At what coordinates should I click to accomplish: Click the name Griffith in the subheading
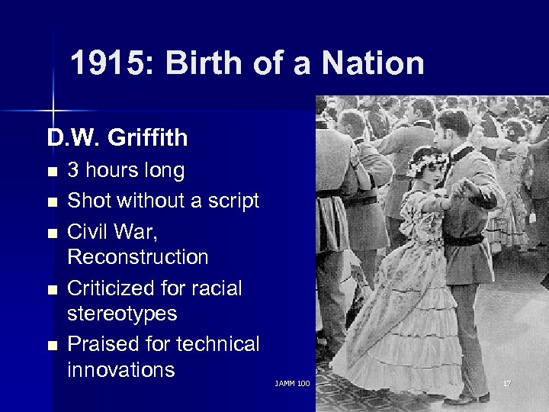(x=147, y=138)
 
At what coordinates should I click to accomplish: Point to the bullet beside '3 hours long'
(x=52, y=172)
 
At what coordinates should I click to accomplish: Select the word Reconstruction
(x=137, y=257)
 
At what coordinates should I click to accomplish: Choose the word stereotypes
(x=122, y=314)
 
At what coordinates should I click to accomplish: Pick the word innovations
(x=121, y=370)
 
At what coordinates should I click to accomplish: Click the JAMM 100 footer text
(x=293, y=382)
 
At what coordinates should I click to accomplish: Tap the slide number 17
(x=506, y=382)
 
